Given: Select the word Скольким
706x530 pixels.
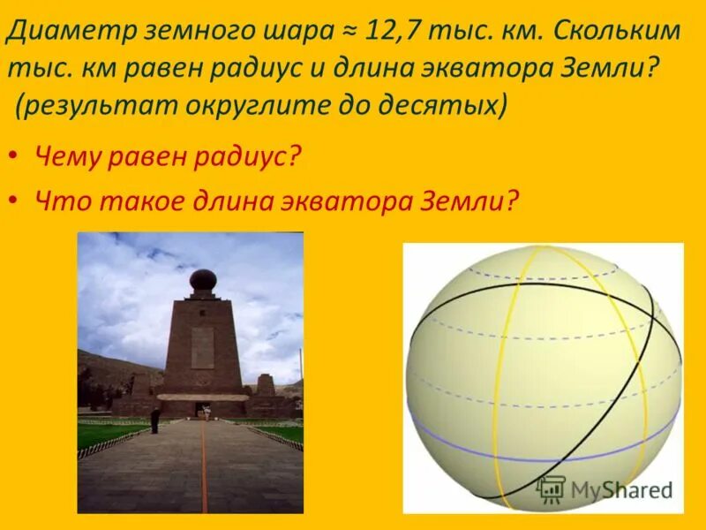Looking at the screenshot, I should [x=619, y=33].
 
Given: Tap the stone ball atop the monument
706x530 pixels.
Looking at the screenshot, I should [x=203, y=281].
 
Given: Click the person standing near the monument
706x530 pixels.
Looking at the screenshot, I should [x=154, y=420].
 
